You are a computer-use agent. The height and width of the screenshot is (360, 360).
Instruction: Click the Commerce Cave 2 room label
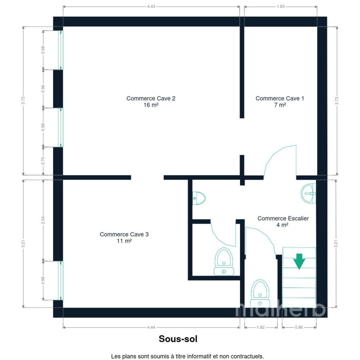tap(151, 102)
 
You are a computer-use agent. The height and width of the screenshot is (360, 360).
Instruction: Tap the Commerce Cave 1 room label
tap(280, 102)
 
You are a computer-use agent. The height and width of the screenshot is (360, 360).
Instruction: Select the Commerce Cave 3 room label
tap(124, 237)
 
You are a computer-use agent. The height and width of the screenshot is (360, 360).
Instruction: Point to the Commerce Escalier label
tap(283, 218)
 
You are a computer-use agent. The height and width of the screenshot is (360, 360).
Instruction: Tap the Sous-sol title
tap(178, 339)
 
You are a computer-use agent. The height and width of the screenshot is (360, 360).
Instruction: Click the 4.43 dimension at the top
tap(151, 6)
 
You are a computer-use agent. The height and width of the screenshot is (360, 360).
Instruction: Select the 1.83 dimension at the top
tap(280, 6)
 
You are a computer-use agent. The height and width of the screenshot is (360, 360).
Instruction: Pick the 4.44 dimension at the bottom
tap(151, 327)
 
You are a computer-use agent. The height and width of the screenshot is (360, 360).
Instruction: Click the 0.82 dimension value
tap(261, 327)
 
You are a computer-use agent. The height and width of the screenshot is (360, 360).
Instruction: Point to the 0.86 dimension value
tap(299, 327)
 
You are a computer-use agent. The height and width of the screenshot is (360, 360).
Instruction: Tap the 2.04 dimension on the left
tap(43, 220)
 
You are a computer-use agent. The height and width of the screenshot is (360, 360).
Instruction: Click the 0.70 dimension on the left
tap(43, 161)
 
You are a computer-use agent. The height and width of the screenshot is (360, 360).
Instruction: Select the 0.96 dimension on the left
tap(43, 89)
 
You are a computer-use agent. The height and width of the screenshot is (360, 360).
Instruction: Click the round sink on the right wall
tap(308, 193)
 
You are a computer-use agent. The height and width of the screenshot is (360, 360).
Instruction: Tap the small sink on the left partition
tap(198, 198)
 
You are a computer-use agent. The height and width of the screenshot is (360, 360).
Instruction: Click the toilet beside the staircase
tap(260, 293)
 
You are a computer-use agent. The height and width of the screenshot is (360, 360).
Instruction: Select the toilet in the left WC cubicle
tap(224, 262)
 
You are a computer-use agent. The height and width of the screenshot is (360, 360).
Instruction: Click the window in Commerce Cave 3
tap(60, 280)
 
